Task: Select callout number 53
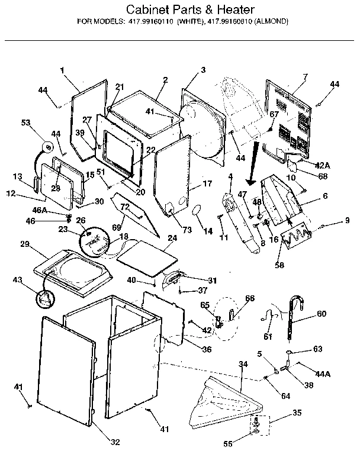25,123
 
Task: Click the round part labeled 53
46,145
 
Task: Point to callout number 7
305,77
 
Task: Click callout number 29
24,244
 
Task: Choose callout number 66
249,298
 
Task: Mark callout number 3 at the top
203,70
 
